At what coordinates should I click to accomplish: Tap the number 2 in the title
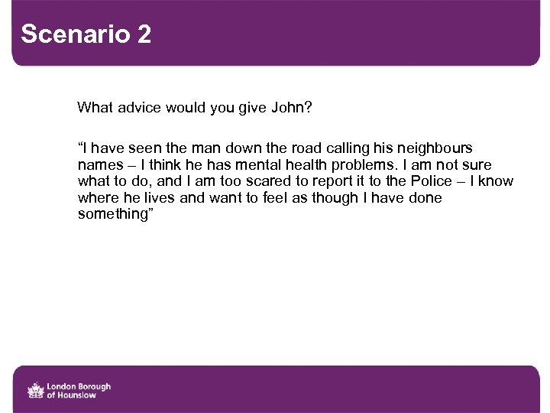tap(145, 34)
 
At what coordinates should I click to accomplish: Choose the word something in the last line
tap(110, 215)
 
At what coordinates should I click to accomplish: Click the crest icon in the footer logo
tap(35, 390)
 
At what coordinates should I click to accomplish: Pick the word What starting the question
tap(94, 108)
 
